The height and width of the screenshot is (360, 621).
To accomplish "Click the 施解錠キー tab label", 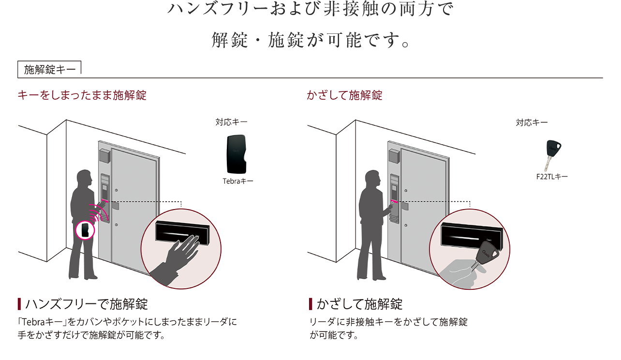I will (49, 69).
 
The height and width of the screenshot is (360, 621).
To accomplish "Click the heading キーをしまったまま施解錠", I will (82, 95).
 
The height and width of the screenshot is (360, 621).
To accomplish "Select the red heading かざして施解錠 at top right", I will (344, 95).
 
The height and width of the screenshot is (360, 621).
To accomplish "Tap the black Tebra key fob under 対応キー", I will (237, 153).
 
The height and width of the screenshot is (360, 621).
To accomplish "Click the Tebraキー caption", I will (237, 181).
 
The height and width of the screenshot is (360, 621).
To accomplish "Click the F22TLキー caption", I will (552, 177).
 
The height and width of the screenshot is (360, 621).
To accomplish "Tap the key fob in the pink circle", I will (85, 229).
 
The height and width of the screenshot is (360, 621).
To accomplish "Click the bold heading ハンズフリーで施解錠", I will (87, 304).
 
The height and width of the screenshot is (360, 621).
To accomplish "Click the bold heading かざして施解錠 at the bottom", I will (359, 304).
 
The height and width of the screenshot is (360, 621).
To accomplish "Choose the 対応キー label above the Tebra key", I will (232, 122).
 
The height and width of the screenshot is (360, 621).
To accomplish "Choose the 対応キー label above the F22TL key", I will (532, 123).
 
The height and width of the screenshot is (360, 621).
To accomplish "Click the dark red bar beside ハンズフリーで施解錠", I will (19, 304).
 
